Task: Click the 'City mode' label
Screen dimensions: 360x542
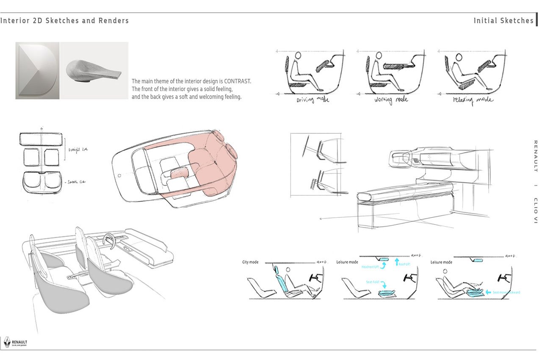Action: [250, 262]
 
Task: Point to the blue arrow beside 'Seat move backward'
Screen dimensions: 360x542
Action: [488, 292]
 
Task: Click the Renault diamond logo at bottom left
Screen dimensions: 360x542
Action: [7, 342]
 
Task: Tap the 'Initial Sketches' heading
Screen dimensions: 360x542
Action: [503, 21]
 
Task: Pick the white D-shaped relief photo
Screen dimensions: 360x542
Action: [37, 70]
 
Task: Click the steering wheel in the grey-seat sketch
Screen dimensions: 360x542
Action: [109, 241]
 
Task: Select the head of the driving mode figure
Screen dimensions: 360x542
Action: [298, 56]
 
